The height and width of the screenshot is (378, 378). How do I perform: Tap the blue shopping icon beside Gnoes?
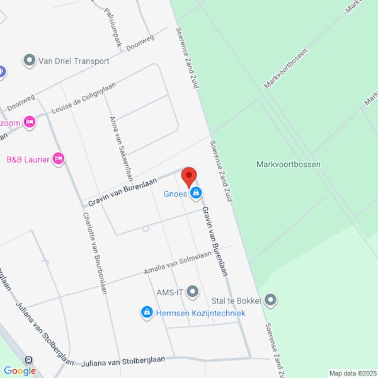point(196,193)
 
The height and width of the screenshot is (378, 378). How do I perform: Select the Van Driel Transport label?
point(74,61)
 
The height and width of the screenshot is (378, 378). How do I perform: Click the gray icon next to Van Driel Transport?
point(29,61)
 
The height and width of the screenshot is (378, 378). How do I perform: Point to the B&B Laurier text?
point(28,159)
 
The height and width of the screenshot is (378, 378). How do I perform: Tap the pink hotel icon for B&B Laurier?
point(59,159)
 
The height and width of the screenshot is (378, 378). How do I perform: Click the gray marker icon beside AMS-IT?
point(193,292)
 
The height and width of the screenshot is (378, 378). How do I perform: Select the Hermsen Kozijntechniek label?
point(200,312)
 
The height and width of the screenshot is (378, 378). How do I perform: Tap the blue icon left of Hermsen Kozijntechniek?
point(147,312)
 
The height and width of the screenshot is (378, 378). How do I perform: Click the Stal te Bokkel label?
point(236,300)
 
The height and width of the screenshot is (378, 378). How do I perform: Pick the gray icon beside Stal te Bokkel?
point(271,300)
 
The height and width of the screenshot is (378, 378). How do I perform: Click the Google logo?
point(20,371)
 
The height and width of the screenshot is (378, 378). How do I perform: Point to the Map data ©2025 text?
point(352,373)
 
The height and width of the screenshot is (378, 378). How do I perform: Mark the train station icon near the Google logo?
point(30,360)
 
